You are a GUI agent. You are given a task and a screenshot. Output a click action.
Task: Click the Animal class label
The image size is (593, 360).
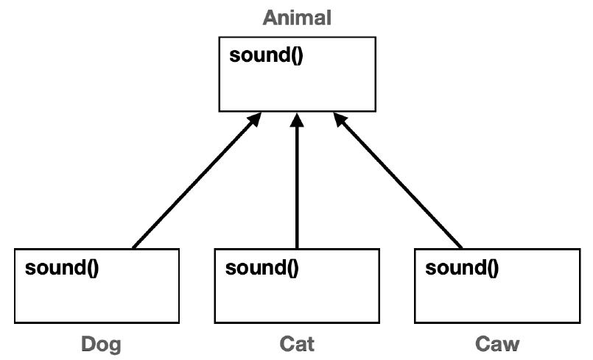(x=297, y=18)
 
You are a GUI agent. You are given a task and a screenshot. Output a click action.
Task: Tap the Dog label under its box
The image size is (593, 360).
(x=100, y=344)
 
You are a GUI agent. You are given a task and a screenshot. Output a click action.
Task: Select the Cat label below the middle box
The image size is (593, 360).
(x=297, y=344)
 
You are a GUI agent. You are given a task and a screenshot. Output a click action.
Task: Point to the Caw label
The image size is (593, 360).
(x=497, y=344)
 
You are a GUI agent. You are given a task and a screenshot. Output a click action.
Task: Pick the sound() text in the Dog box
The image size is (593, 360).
(x=62, y=267)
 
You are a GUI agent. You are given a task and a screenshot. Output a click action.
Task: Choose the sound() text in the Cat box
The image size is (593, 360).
(x=262, y=267)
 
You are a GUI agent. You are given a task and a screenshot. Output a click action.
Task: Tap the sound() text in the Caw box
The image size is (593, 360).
(x=462, y=267)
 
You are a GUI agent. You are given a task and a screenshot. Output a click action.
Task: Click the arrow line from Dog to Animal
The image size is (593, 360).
(x=195, y=181)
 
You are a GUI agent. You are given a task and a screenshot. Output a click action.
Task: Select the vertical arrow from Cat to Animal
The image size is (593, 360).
(x=297, y=184)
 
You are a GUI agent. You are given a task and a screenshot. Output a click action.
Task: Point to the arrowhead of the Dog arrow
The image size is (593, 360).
(x=258, y=118)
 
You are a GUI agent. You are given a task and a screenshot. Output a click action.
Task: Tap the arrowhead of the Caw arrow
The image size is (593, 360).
(x=337, y=118)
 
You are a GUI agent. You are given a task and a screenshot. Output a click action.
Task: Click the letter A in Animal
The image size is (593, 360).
(x=270, y=18)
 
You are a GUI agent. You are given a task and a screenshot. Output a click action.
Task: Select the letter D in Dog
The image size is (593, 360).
(x=88, y=344)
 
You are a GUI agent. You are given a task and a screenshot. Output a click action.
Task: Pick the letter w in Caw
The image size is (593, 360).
(x=512, y=344)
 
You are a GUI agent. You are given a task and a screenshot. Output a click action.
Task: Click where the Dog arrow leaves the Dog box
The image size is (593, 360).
(x=133, y=249)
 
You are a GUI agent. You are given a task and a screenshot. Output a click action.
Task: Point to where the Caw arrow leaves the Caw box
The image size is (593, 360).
(x=462, y=249)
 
